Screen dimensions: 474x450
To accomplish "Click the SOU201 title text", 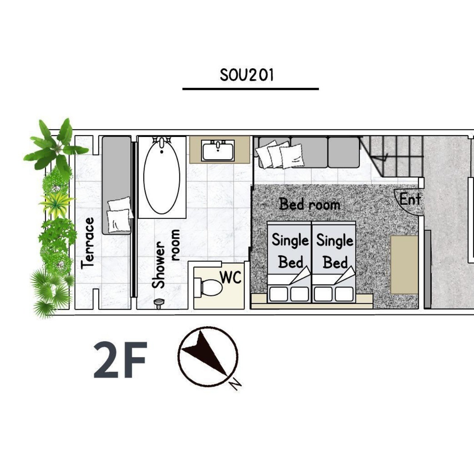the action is click(x=247, y=75).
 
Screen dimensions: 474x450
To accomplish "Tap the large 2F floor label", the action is click(x=120, y=360).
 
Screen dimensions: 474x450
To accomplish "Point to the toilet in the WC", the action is click(x=208, y=287).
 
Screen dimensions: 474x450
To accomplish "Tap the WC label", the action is click(x=231, y=277).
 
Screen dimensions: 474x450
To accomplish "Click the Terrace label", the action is click(x=87, y=243).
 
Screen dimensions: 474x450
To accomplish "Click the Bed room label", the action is click(x=310, y=204).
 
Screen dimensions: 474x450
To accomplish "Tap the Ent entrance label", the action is click(x=410, y=199).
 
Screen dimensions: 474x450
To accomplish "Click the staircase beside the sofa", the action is click(x=391, y=156).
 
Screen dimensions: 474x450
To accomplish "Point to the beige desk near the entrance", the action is click(x=404, y=265).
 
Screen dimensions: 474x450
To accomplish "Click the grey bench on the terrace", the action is click(x=117, y=185).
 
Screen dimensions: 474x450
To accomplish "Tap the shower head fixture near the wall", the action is click(x=159, y=303).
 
